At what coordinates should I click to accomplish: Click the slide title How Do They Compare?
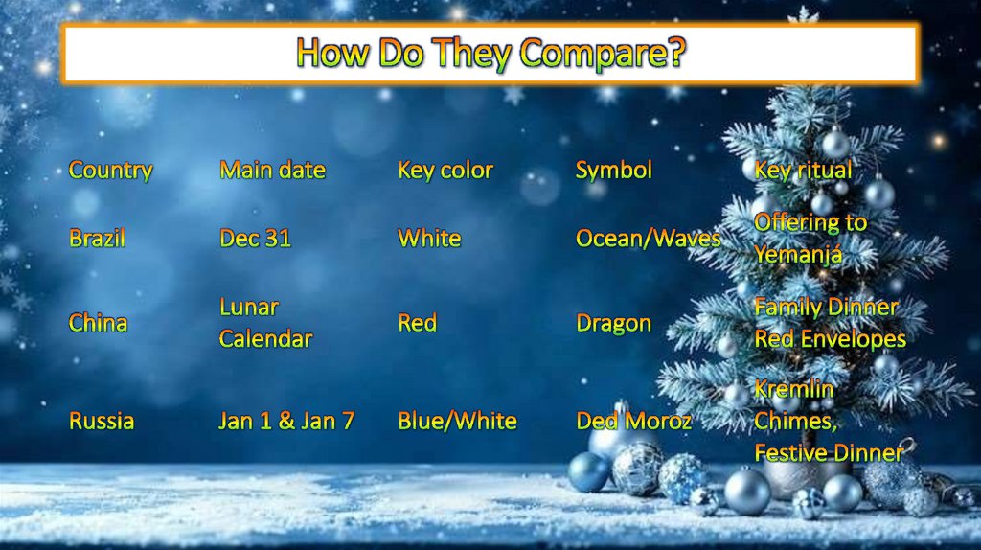pos(490,53)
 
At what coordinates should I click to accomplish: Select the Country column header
pos(110,171)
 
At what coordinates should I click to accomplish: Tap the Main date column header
pos(272,171)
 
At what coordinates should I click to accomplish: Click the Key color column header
pos(445,171)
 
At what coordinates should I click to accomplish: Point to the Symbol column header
pos(613,171)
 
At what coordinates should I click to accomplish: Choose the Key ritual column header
pos(802,171)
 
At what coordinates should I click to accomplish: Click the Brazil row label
pos(97,239)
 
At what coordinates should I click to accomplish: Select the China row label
pos(98,323)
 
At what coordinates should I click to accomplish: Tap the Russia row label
pos(101,421)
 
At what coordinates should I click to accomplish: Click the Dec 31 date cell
pos(255,239)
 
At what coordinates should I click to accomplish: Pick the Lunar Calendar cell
pos(265,323)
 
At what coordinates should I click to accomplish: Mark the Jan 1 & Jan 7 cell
pos(285,421)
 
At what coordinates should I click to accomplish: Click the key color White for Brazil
pos(429,239)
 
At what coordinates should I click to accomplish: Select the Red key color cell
pos(417,323)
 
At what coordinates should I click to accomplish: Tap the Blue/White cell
pos(457,421)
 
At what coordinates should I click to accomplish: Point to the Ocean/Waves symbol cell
pos(648,239)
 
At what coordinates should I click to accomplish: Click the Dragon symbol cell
pos(613,323)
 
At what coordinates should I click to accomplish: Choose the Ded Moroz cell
pos(633,421)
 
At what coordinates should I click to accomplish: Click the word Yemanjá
pos(797,255)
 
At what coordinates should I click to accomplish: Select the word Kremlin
pos(793,390)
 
